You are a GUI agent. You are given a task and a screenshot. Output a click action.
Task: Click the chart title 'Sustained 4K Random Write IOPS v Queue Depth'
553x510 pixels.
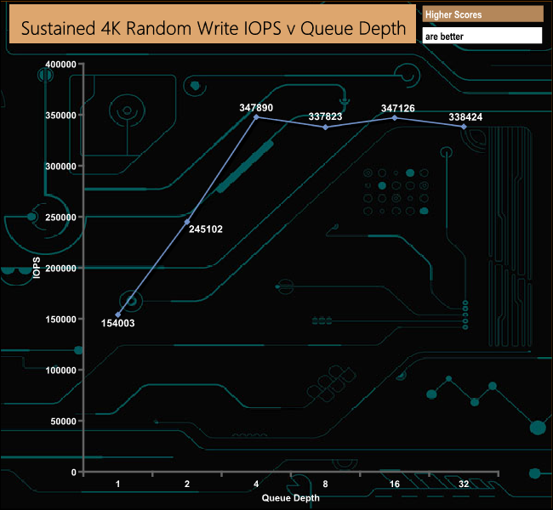pos(214,29)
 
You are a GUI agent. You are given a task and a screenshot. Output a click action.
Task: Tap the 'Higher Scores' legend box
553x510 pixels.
pos(482,14)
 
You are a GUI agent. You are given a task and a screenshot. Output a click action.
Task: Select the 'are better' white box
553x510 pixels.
pos(482,37)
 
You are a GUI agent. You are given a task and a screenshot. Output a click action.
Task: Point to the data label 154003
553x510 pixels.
pos(117,323)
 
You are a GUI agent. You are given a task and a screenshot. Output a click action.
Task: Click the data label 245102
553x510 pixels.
pos(205,229)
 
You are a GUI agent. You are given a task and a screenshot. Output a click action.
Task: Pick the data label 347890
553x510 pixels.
pos(257,108)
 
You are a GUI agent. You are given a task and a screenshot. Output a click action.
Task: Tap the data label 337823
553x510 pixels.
pos(325,116)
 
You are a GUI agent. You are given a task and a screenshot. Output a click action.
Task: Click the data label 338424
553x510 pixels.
pos(464,116)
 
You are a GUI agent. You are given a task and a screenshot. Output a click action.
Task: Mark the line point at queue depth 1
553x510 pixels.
pos(118,314)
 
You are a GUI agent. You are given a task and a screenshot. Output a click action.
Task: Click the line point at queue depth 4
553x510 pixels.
pos(257,117)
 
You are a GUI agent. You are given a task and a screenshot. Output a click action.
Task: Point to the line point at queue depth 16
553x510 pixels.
pos(395,117)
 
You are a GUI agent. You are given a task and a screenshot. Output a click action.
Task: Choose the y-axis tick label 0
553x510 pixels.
pos(73,473)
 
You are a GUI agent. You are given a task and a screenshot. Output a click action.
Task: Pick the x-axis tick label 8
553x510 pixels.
pos(325,484)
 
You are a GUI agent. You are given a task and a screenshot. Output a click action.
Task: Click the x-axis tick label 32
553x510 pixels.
pos(464,484)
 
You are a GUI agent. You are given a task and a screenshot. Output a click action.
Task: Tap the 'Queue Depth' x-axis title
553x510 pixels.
pos(291,498)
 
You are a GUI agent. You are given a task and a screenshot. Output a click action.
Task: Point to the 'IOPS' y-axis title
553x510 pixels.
pos(37,269)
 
